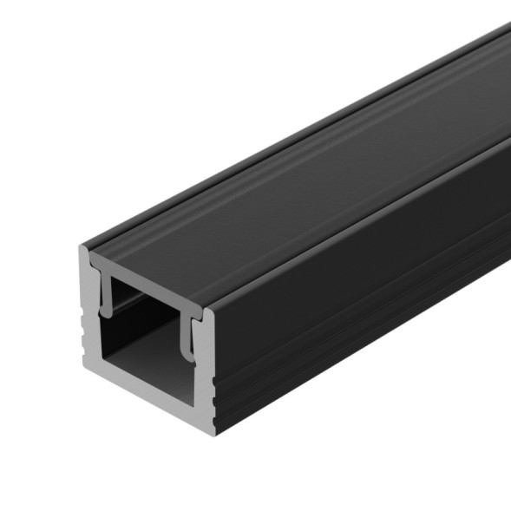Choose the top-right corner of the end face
tap(212, 310)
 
